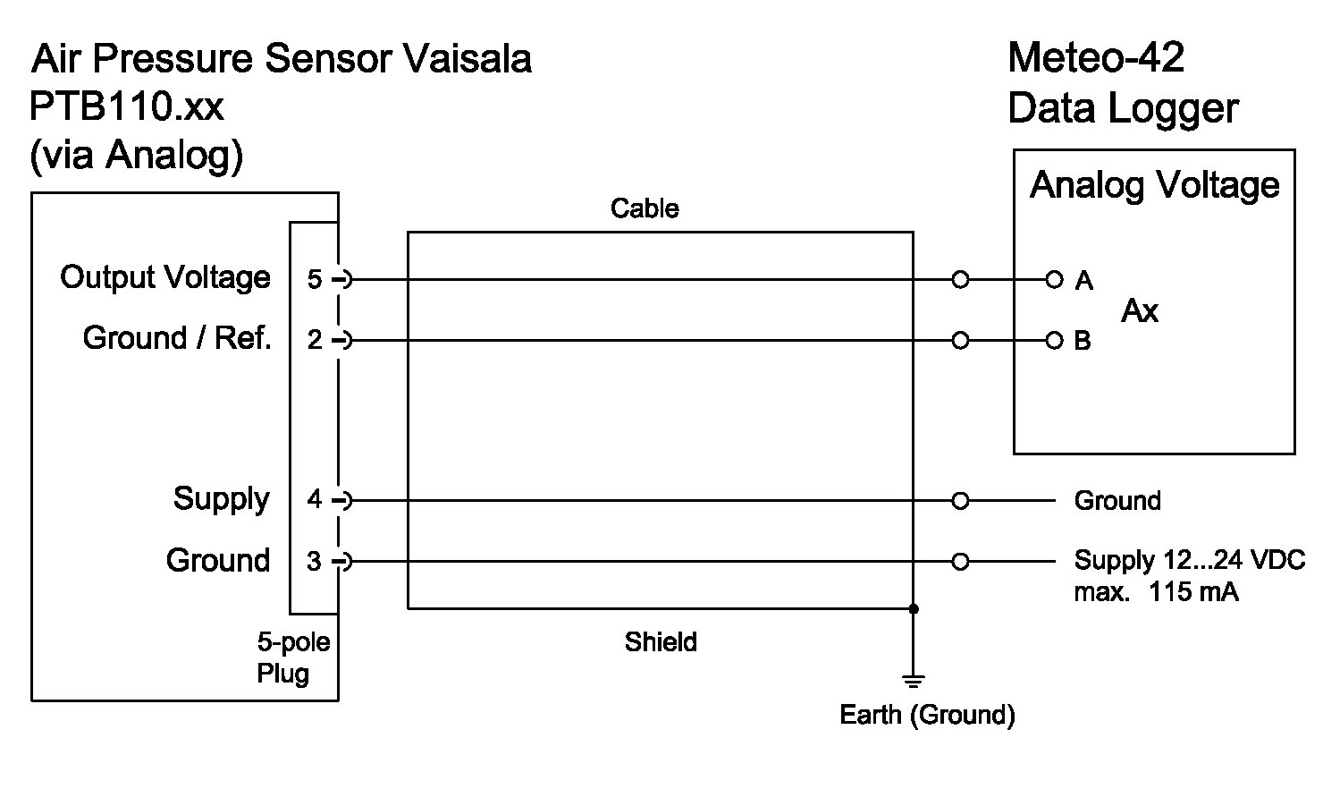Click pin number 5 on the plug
(315, 280)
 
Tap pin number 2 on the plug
(315, 341)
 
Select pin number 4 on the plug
(315, 500)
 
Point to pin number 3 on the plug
(315, 562)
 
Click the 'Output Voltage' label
(165, 277)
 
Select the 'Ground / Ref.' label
(177, 338)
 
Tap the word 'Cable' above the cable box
(645, 208)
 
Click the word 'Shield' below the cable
(661, 642)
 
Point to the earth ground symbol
(913, 683)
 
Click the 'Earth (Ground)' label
(927, 715)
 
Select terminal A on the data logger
(1055, 280)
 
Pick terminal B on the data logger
(1055, 341)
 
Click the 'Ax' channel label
(1140, 311)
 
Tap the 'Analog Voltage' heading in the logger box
(1155, 185)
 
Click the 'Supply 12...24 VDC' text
(1189, 561)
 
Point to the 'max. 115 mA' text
(1156, 591)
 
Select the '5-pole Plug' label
(293, 657)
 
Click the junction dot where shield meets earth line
(913, 608)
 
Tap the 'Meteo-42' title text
(1095, 58)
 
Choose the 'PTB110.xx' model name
(126, 107)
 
